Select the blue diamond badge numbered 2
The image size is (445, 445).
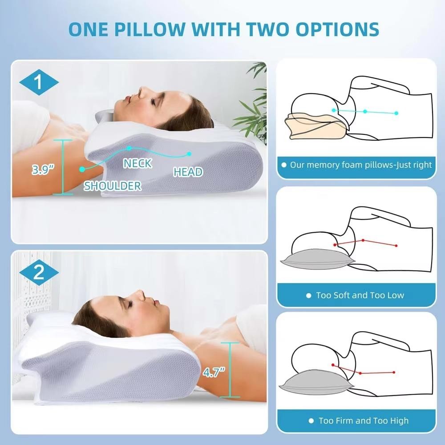tap(39, 273)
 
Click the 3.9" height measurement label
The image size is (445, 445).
tap(43, 170)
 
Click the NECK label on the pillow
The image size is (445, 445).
tap(138, 163)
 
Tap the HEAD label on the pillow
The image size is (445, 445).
tap(188, 172)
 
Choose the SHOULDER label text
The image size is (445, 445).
tap(113, 186)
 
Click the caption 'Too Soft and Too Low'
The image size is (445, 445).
tap(360, 295)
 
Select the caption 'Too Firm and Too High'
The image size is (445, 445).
tap(364, 421)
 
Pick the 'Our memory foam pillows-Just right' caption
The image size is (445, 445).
tap(360, 165)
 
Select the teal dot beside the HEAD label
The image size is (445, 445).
tap(189, 154)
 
